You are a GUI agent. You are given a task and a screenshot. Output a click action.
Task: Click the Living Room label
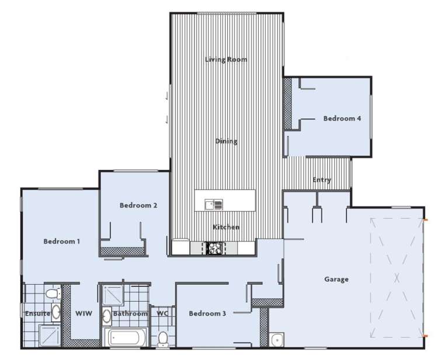(225, 60)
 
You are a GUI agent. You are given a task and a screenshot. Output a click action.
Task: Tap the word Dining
(226, 141)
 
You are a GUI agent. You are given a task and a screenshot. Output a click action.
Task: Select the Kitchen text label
(226, 227)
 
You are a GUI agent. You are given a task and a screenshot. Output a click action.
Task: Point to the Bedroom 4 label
(342, 118)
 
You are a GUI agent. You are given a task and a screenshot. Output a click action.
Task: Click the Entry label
(322, 180)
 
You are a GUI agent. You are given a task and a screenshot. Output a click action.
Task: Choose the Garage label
(336, 279)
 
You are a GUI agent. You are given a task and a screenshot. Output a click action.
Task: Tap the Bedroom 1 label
(61, 241)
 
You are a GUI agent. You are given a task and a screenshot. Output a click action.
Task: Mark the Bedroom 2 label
(138, 205)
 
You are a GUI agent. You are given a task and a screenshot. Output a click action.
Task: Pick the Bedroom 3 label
(207, 313)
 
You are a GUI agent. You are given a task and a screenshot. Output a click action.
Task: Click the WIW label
(84, 313)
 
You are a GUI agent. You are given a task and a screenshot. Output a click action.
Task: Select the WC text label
(162, 313)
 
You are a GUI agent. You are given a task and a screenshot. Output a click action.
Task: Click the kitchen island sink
(213, 204)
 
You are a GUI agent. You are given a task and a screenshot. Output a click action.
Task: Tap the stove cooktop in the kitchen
(214, 249)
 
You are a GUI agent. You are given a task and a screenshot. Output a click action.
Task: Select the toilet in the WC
(162, 338)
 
